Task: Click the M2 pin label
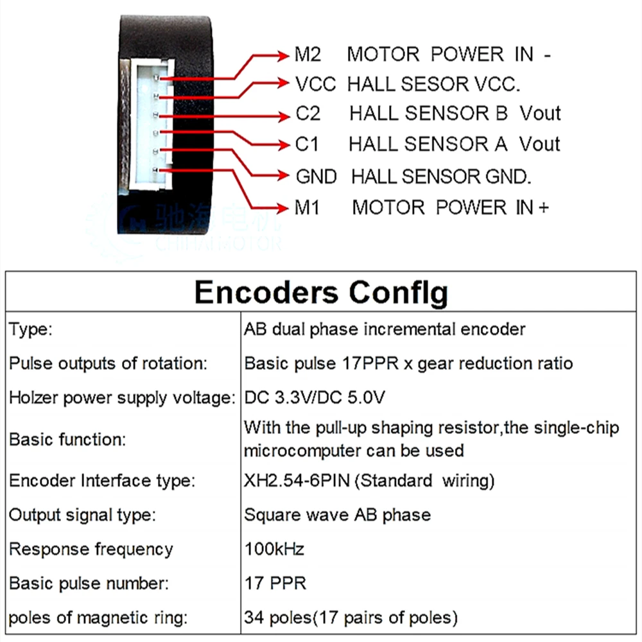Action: point(308,55)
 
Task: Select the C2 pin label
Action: point(308,114)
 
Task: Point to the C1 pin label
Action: point(307,144)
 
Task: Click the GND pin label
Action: point(316,176)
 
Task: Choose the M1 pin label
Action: point(306,207)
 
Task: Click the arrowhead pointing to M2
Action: point(282,56)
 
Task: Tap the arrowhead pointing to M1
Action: point(282,208)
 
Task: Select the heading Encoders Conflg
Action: point(321,293)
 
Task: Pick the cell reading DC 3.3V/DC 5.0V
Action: point(315,398)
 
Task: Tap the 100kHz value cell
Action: point(274,550)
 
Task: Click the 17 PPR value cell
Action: point(275,584)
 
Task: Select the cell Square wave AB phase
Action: point(337,515)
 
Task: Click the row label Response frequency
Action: point(91,550)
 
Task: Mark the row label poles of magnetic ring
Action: point(98,618)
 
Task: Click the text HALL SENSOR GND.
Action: point(441,176)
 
